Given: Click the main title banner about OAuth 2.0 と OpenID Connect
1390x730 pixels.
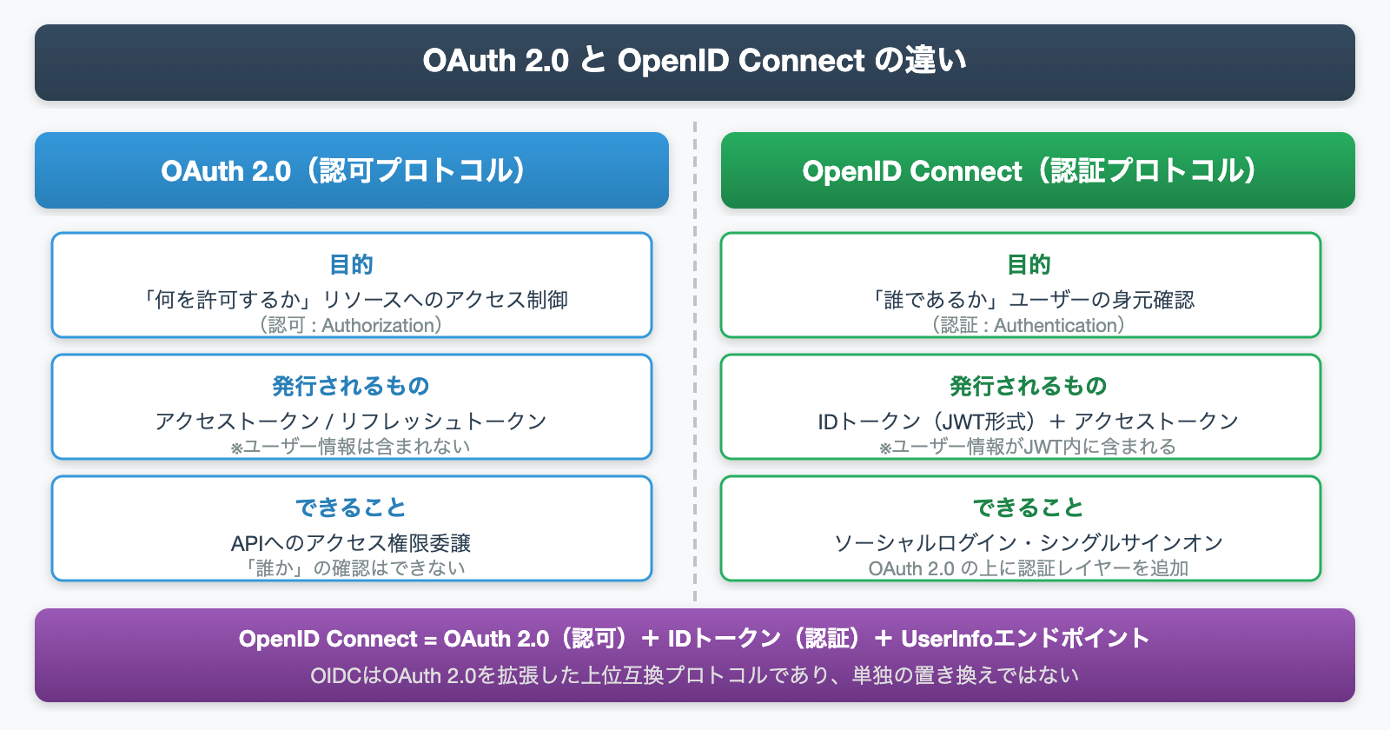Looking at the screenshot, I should click(694, 61).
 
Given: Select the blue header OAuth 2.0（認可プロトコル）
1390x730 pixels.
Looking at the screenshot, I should click(351, 170).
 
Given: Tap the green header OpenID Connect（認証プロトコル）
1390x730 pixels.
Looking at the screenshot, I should click(1037, 170).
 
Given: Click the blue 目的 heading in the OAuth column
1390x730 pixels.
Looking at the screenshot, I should click(351, 264).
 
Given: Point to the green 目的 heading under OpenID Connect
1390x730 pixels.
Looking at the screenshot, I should click(1029, 264).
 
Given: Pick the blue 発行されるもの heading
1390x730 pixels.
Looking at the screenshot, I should click(351, 386).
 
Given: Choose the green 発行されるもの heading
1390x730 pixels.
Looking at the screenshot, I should click(1029, 386).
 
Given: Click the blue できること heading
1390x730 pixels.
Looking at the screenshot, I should click(351, 508).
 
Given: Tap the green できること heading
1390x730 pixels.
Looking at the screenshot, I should click(1029, 508).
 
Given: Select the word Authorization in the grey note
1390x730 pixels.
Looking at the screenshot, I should click(378, 326).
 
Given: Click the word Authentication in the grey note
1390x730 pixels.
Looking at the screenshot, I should click(1055, 326).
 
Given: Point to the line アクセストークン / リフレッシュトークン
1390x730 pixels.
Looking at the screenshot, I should click(351, 421).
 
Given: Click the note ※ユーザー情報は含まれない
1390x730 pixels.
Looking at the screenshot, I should click(351, 447).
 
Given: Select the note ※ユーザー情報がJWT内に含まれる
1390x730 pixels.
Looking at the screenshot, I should click(1029, 447).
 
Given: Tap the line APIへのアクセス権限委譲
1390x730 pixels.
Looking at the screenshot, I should click(351, 543).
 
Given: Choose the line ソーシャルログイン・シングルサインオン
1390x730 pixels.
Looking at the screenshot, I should click(1029, 543).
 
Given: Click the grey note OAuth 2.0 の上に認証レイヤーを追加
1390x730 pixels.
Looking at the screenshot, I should click(1029, 568).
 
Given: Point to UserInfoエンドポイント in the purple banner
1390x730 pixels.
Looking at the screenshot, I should click(1025, 639).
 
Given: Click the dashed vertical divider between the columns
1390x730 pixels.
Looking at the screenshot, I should click(695, 365).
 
